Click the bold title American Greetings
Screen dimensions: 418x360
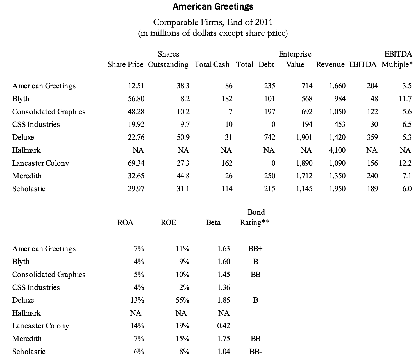pos(213,6)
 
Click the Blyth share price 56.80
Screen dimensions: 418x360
pos(136,99)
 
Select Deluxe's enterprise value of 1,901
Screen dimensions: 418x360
pos(304,137)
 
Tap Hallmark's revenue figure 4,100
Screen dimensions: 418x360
pos(337,150)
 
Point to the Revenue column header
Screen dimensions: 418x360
pos(330,64)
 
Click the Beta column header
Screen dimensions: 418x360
pos(213,223)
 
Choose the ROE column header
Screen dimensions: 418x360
pos(168,223)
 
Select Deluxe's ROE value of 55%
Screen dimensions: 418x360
pos(182,300)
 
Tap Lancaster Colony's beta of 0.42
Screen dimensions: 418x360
pos(224,326)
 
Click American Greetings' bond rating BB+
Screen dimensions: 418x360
pos(255,249)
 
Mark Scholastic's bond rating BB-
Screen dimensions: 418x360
pos(255,352)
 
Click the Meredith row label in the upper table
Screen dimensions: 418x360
pos(27,176)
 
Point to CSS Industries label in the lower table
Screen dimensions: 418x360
pos(36,287)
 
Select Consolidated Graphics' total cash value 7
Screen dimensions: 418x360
pos(230,112)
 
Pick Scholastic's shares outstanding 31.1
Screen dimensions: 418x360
pos(183,189)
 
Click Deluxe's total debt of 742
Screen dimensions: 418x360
pos(269,137)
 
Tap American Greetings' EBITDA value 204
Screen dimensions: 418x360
pos(372,86)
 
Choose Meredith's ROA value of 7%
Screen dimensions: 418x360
pos(139,339)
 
